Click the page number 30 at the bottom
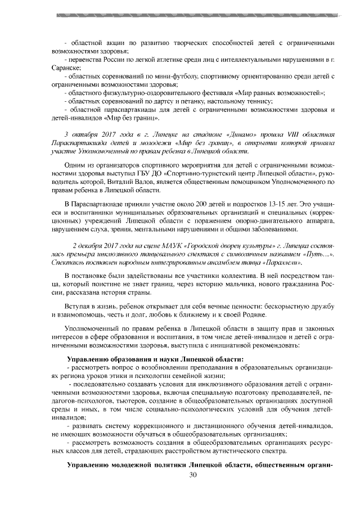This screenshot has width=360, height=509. coord(193,476)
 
